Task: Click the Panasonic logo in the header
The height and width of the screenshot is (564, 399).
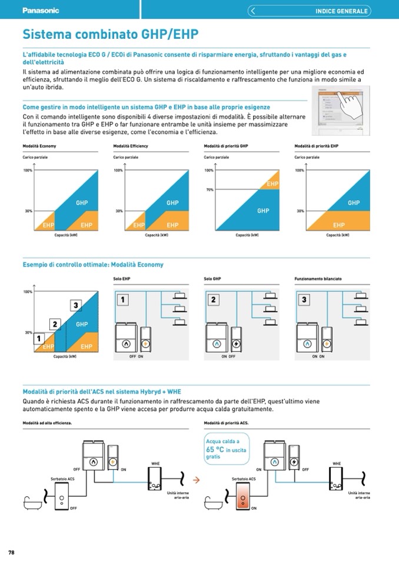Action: pos(41,10)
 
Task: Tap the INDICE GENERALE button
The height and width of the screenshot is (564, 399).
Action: pos(341,11)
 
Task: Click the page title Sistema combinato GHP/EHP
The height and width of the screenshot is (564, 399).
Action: pos(110,34)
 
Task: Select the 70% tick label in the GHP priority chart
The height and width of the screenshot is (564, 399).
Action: pos(210,190)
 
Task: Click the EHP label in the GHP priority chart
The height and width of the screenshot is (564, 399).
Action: pos(272,184)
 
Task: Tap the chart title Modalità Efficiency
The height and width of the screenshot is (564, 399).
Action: pos(131,146)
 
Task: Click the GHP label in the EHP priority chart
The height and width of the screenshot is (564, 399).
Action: pos(353,203)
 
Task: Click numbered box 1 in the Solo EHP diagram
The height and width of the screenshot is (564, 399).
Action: pos(124,300)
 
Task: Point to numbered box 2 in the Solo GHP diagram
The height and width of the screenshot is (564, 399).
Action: pos(214,300)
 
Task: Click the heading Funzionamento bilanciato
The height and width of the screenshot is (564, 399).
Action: pos(318,278)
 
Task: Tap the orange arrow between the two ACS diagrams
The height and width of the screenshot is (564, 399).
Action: pos(197,480)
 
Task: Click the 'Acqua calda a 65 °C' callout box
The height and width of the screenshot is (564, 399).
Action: pos(226,449)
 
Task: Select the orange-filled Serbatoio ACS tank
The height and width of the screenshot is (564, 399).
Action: pos(243,501)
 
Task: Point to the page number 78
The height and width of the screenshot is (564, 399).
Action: pos(11,552)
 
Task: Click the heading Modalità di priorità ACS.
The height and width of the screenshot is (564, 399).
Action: pos(226,423)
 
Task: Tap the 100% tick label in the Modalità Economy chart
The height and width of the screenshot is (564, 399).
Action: pos(27,171)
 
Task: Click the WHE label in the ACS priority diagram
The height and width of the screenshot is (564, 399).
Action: pos(337,464)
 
